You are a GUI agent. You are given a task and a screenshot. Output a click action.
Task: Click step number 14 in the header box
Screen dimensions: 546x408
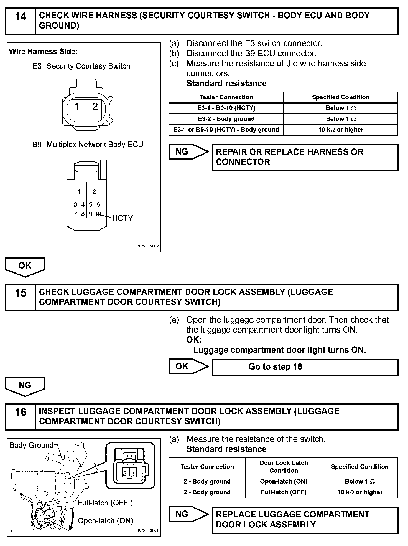[x=21, y=17]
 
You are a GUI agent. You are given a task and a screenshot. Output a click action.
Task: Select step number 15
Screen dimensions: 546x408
[x=21, y=293]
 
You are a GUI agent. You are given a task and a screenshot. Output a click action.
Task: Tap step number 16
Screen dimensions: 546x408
[x=21, y=413]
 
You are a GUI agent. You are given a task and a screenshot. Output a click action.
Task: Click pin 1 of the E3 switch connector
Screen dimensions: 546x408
[x=77, y=107]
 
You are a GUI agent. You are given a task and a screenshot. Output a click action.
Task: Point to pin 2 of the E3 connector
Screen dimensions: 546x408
[x=95, y=107]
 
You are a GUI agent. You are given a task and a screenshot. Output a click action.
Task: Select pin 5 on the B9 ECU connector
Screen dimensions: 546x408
[x=90, y=205]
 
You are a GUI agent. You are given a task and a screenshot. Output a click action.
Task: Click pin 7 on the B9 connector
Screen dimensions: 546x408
[x=75, y=214]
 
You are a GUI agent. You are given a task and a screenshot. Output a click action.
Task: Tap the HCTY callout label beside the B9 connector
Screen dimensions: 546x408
[x=122, y=218]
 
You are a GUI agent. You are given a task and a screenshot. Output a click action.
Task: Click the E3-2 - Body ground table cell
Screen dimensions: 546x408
[x=226, y=119]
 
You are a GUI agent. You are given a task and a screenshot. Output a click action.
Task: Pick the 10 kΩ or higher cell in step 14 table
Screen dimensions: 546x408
[x=341, y=130]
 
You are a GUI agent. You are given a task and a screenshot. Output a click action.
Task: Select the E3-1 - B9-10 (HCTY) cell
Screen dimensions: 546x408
[x=226, y=108]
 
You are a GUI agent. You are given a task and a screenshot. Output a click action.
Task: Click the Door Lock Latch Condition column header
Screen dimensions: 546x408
[x=284, y=467]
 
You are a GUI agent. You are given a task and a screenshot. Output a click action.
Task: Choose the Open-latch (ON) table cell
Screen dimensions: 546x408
[x=284, y=481]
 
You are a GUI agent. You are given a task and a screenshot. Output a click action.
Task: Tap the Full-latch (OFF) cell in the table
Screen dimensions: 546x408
[x=284, y=492]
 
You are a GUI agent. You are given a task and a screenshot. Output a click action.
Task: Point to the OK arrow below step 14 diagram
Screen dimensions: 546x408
[x=25, y=266]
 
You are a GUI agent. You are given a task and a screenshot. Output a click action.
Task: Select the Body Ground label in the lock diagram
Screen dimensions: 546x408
[x=31, y=445]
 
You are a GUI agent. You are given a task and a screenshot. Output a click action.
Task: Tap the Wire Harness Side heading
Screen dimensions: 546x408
[x=44, y=52]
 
